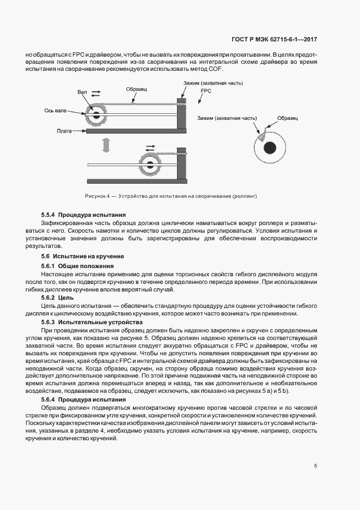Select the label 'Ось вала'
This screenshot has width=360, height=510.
[x=56, y=111]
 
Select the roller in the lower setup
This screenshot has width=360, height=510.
[x=149, y=164]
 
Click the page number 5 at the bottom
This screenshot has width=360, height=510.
[x=316, y=466]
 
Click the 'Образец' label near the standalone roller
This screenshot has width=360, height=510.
[x=287, y=118]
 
